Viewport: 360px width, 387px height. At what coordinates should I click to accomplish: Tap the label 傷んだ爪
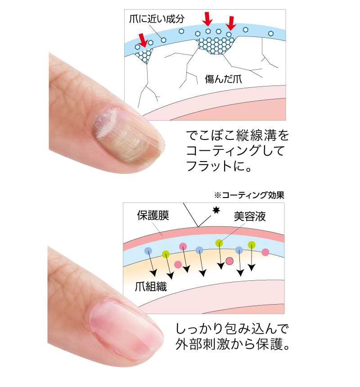224,79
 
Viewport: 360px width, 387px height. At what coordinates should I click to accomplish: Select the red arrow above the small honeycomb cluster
143,39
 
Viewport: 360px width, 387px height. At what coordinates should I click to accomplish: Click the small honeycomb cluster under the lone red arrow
144,55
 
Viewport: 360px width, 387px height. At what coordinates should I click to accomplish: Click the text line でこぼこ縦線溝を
238,135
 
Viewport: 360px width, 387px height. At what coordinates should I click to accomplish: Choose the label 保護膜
153,216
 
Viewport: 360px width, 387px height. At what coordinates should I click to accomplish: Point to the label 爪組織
151,287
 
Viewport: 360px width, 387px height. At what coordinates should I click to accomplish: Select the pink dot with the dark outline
229,261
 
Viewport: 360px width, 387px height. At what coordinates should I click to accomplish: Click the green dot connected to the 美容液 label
219,243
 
